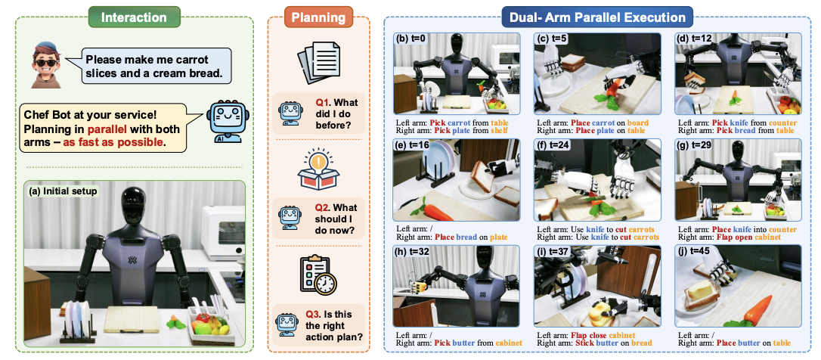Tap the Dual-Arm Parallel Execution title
tap(593, 17)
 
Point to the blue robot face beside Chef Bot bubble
tap(228, 120)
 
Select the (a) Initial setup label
tap(64, 191)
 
